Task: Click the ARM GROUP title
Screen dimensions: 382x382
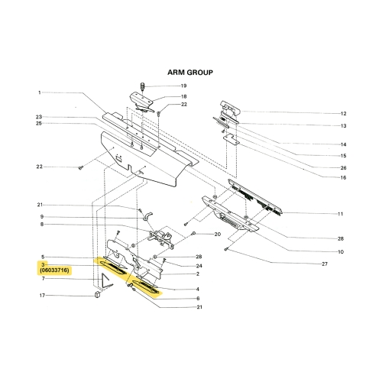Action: point(190,73)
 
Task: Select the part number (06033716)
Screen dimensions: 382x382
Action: point(54,270)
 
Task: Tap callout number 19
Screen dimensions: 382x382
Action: point(183,86)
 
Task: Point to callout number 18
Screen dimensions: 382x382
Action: point(183,96)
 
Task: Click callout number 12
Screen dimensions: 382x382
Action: point(343,114)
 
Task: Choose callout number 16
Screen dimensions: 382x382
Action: point(343,177)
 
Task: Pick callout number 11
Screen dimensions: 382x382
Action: point(340,214)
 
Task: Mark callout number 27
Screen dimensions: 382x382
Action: point(325,264)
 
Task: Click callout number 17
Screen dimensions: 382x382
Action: point(42,296)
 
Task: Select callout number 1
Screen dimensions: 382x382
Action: point(40,92)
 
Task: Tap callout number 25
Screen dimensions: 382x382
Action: point(39,124)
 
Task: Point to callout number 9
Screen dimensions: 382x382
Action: point(42,217)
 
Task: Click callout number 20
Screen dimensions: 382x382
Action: point(217,234)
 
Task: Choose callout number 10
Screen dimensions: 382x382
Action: point(341,252)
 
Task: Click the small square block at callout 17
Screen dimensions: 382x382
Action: point(97,295)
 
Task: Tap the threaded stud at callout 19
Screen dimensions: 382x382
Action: point(142,86)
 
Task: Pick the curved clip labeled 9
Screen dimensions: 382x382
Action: point(147,216)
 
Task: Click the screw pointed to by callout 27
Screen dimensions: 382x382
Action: point(226,249)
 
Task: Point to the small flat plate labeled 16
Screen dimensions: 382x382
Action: point(231,139)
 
